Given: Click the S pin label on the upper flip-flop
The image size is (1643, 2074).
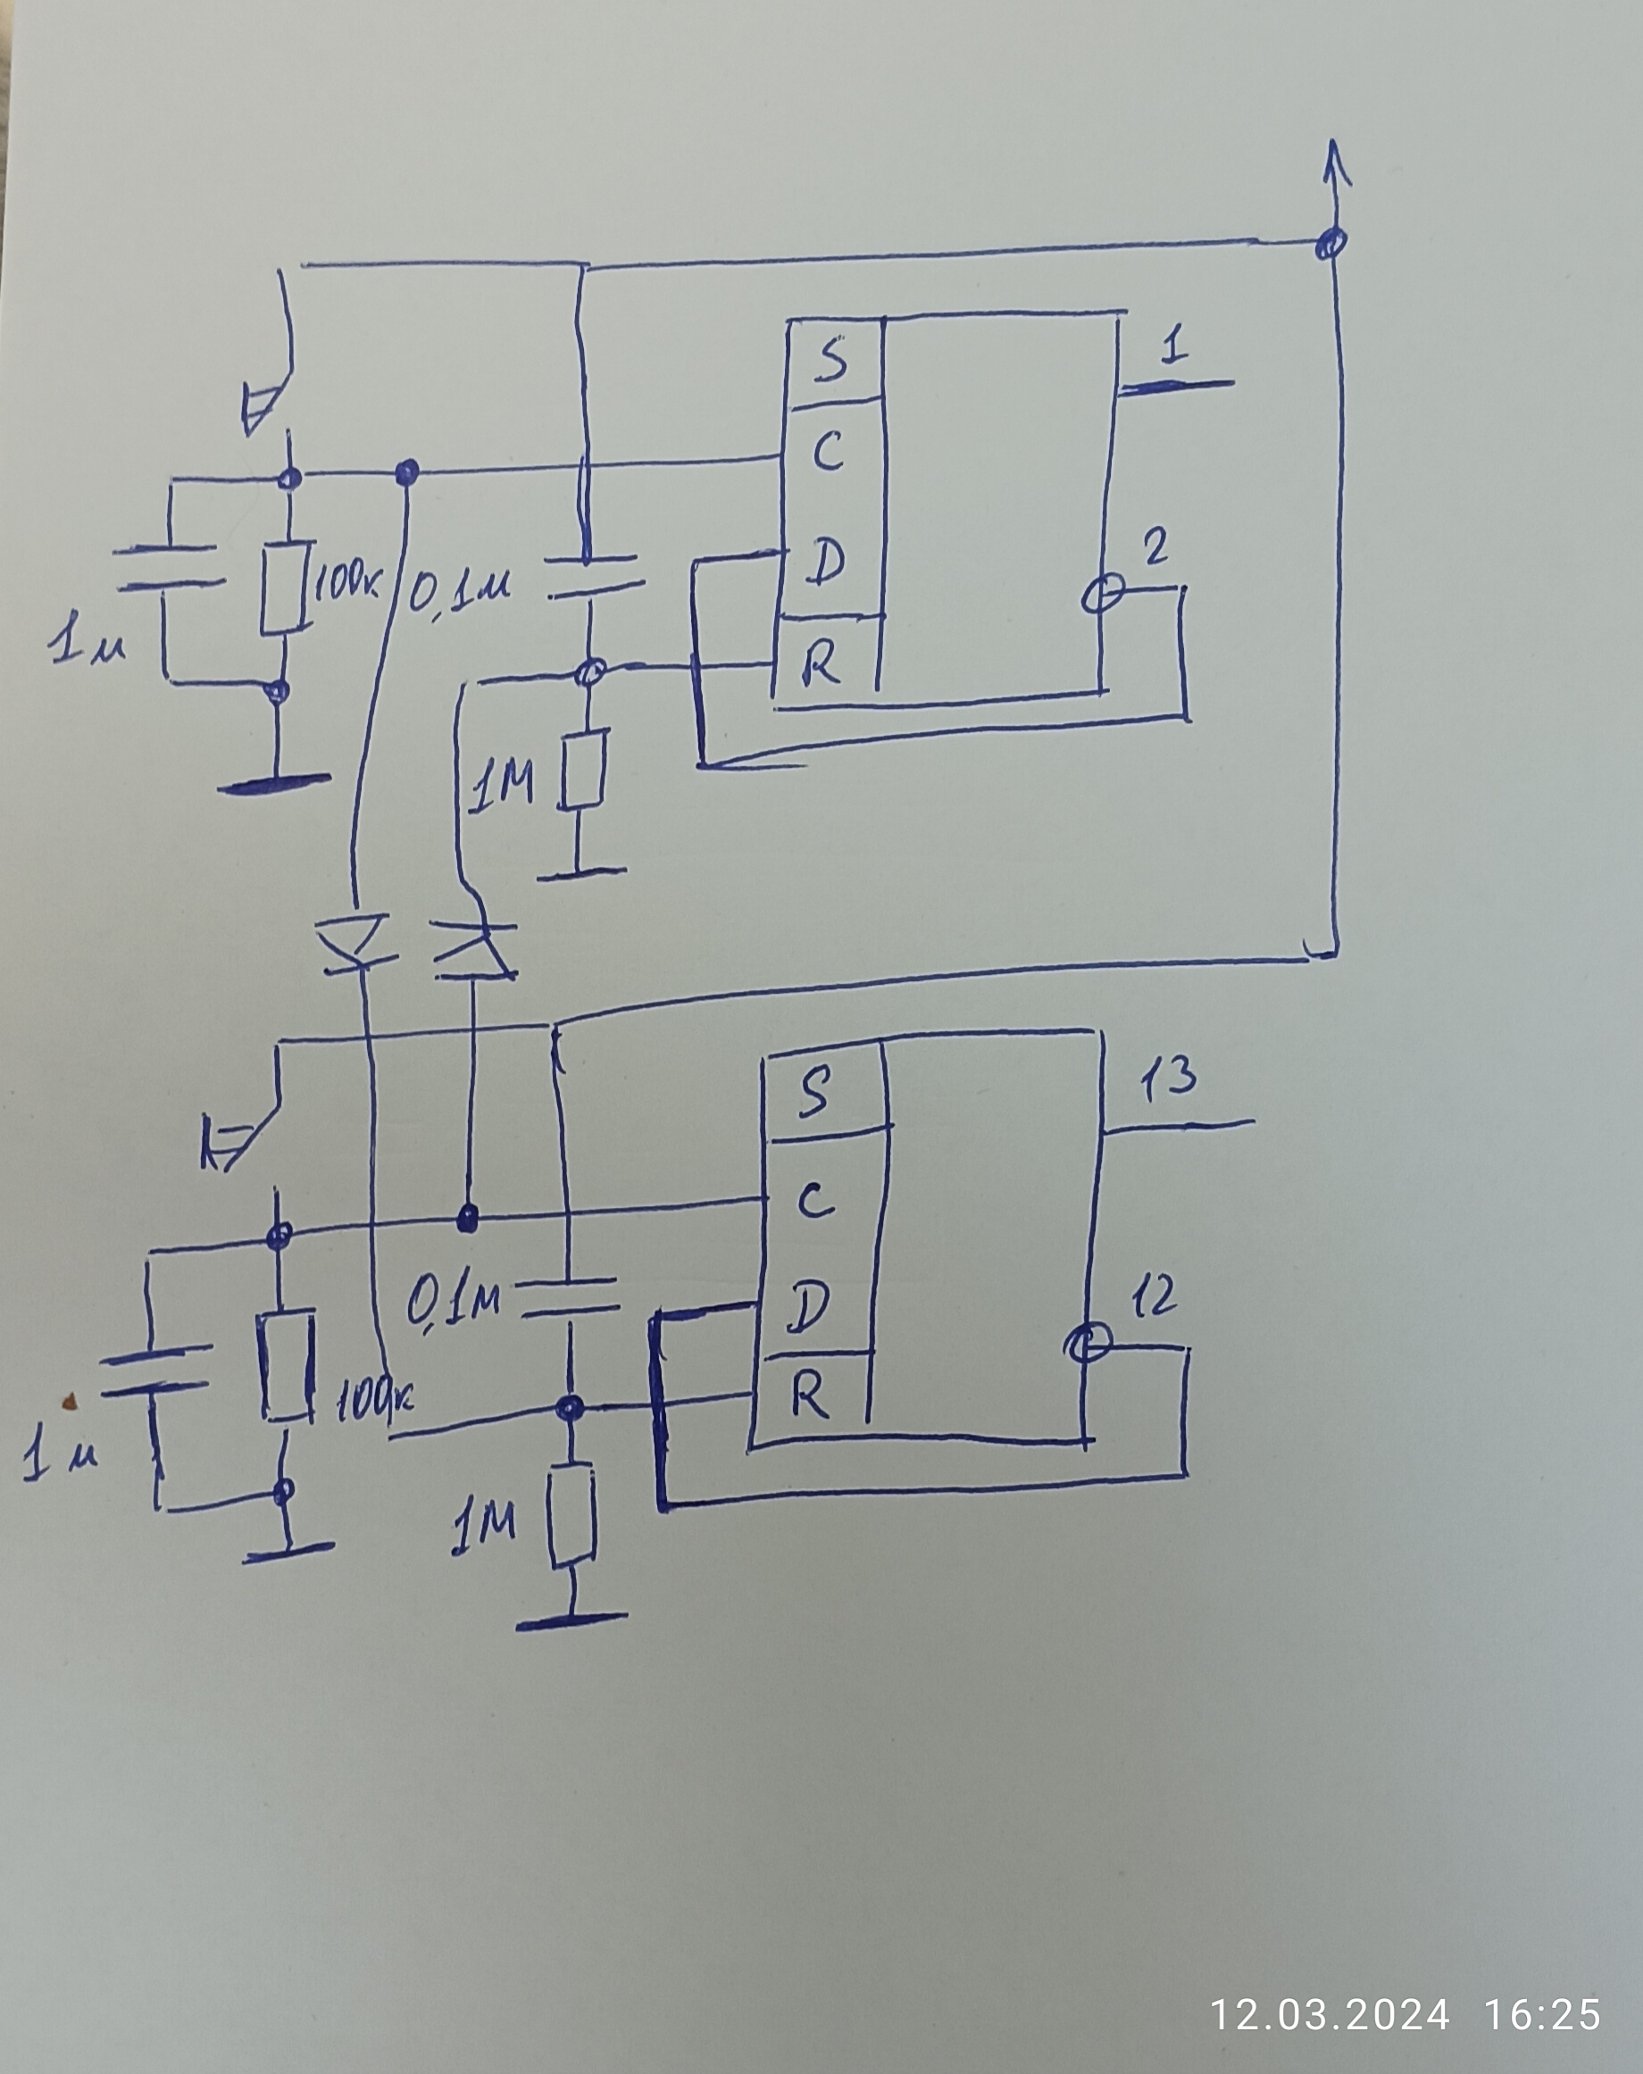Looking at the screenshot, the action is point(833,359).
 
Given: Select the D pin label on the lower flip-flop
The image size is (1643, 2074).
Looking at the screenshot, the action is point(809,1307).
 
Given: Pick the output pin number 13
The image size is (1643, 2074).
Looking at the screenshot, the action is point(1169,1079).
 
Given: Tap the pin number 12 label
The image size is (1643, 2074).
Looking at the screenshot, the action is point(1154,1297).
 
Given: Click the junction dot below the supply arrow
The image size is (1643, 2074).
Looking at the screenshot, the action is point(1330,241).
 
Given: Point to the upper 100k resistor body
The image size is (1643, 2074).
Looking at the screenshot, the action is point(286,586).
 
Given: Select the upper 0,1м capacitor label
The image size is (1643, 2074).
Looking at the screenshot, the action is point(460,588).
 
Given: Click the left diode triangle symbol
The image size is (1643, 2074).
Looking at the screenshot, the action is point(356,941).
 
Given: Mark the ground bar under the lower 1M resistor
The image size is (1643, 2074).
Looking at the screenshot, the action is point(573,1620).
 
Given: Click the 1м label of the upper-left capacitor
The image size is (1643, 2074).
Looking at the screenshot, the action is point(87,642).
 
